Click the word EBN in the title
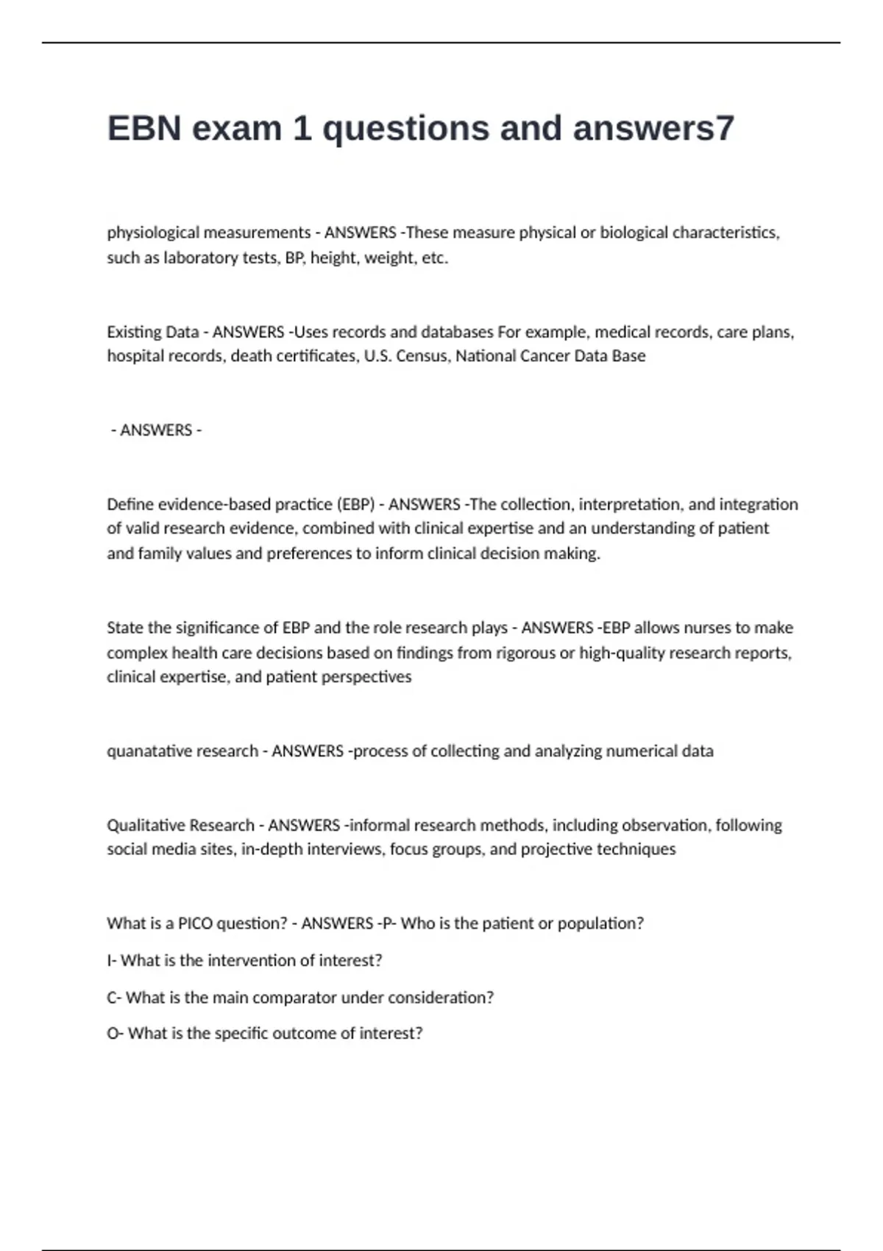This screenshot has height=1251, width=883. tap(144, 128)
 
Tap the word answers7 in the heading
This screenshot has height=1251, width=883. tap(653, 128)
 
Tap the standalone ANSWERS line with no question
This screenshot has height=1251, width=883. tap(156, 430)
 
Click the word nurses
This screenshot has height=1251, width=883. tap(703, 628)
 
